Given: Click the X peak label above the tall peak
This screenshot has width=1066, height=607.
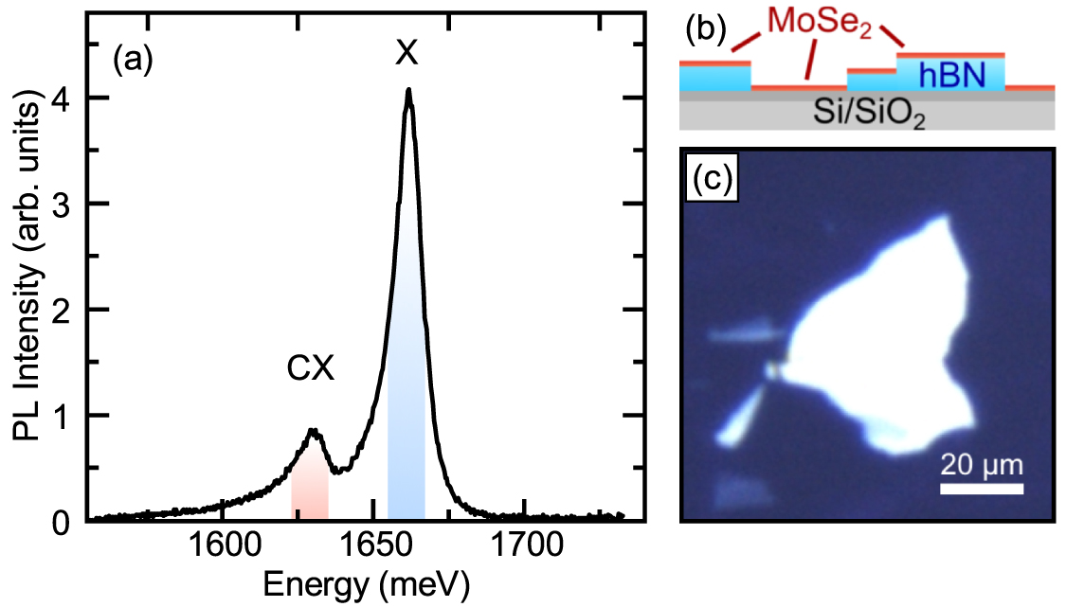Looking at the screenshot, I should point(407,55).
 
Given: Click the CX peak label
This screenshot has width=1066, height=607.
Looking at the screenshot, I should point(311,370).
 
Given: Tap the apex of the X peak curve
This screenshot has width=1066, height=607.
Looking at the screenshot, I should point(408,91).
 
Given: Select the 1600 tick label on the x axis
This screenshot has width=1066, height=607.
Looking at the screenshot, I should point(222,545).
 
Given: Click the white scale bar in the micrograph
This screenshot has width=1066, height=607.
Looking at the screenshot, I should point(982,489).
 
